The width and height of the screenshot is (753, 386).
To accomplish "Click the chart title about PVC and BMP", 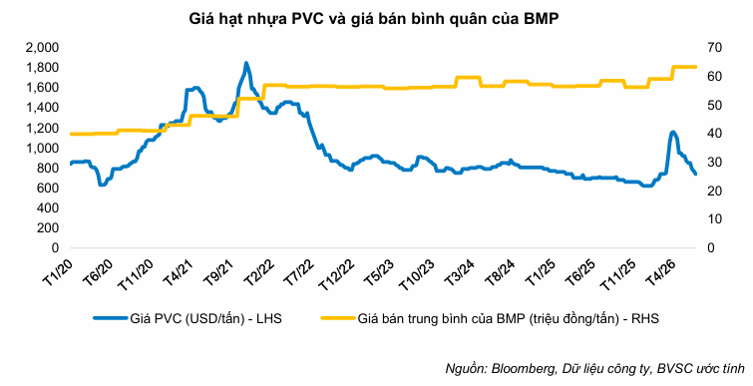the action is (x=374, y=20).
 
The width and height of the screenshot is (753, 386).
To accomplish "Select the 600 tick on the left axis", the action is (x=48, y=189).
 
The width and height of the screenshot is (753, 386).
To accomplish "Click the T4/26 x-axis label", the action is (x=657, y=271).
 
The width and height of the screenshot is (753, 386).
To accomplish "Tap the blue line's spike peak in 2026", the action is (x=673, y=132).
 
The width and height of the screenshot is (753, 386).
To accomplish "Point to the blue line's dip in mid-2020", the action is (x=102, y=184).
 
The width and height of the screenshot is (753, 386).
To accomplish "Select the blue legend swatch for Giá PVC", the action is (x=110, y=318).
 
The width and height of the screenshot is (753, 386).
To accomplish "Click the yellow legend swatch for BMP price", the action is (x=337, y=318).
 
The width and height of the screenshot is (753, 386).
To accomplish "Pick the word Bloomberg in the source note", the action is (x=520, y=369).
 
